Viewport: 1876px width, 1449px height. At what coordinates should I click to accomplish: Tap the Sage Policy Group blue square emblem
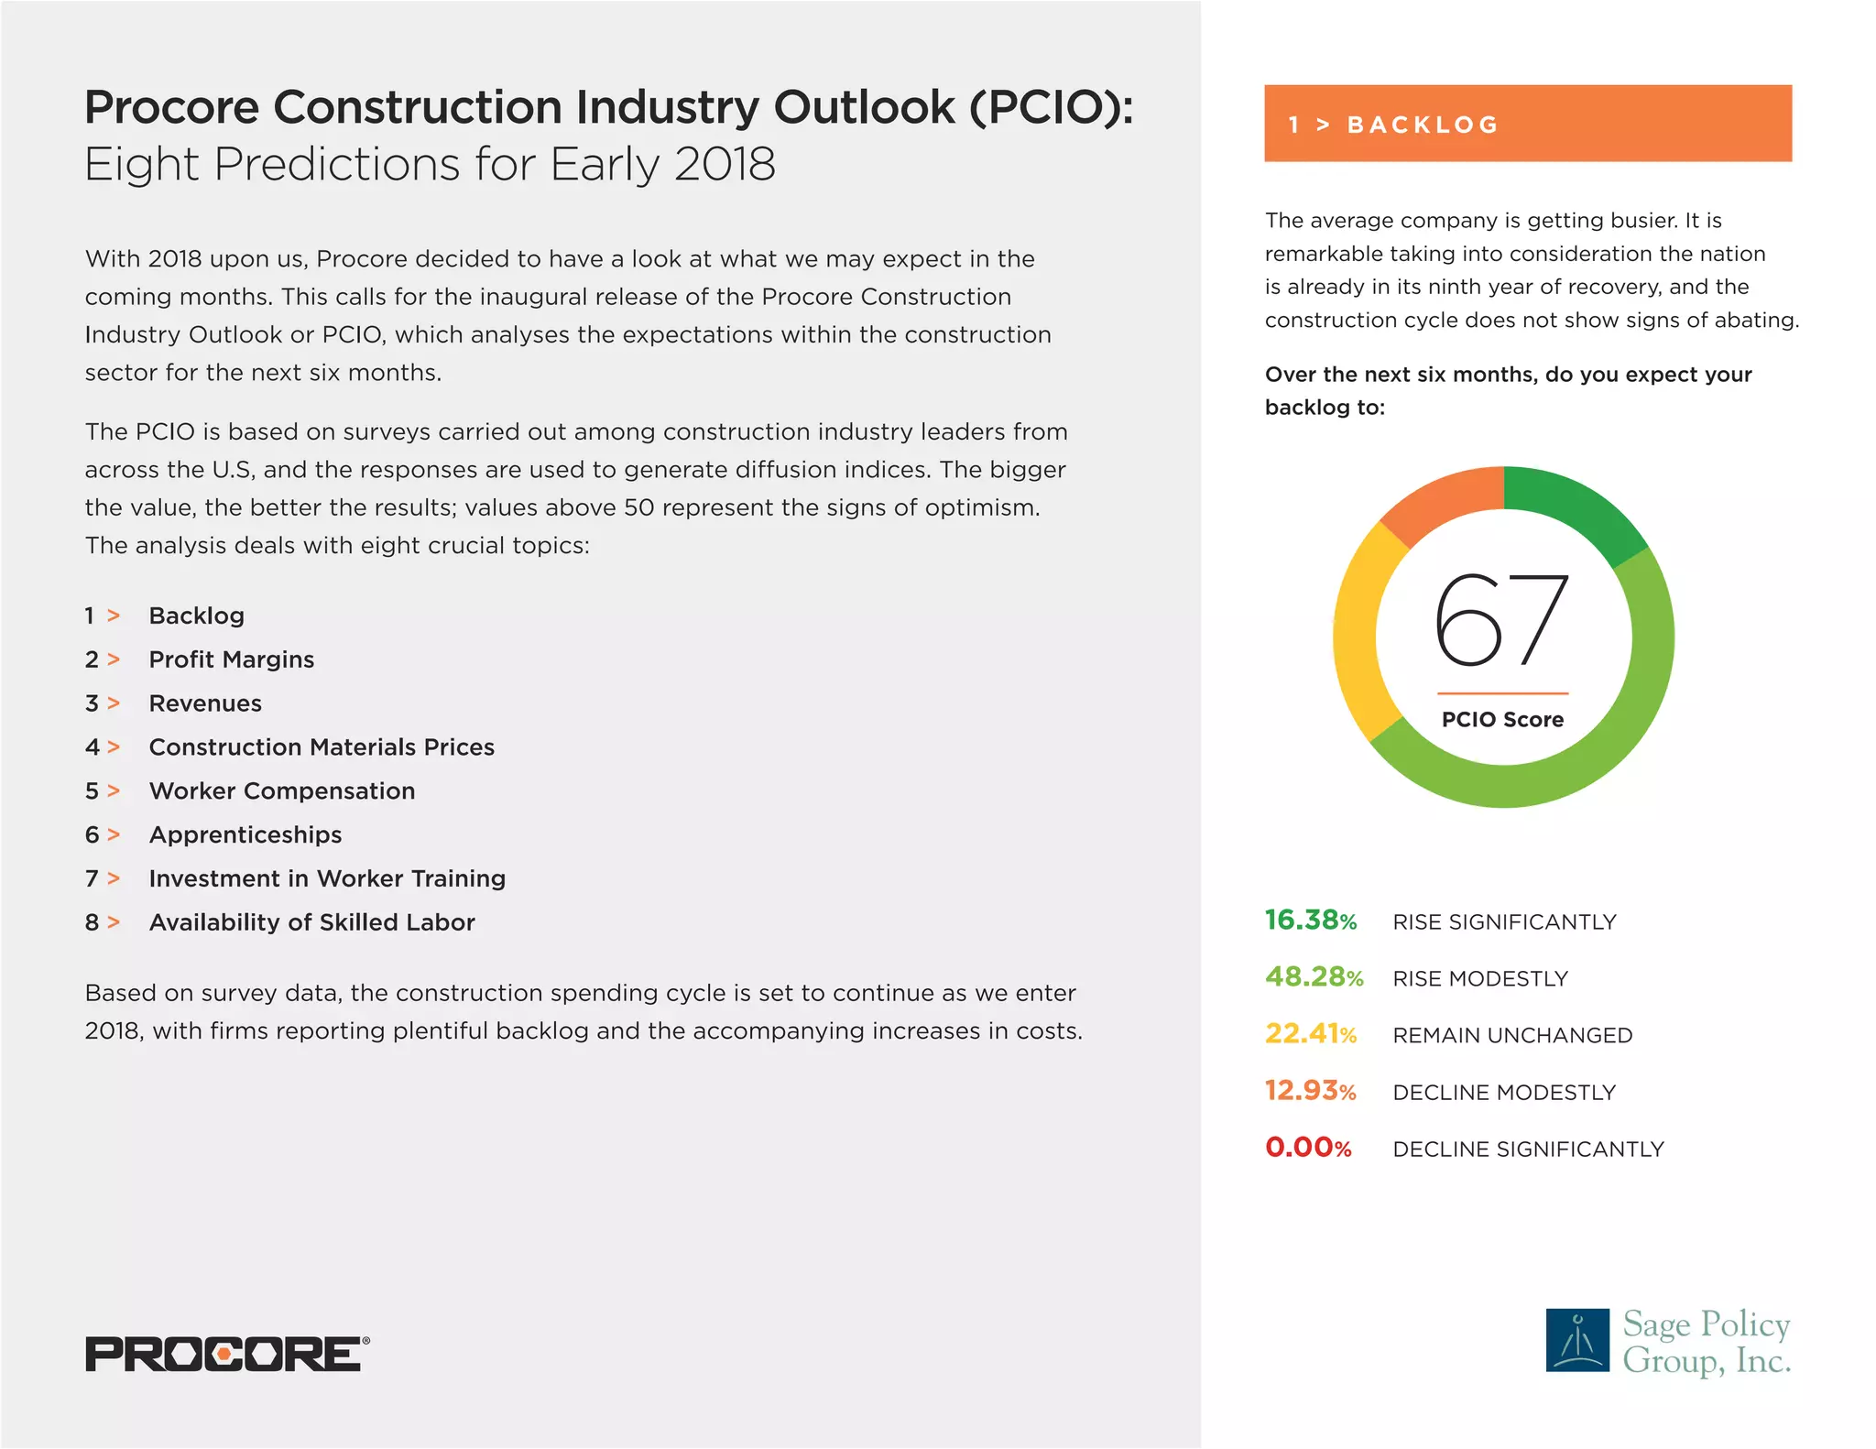[1577, 1339]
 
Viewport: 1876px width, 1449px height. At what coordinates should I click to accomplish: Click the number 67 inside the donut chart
[1502, 620]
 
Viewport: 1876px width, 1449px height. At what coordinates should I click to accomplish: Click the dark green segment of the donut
[1577, 508]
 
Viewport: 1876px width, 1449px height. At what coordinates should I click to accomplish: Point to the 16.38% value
[1311, 921]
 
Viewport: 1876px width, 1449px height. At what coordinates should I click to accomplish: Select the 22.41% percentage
[1311, 1034]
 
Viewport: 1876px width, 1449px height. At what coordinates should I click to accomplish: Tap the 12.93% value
[1311, 1091]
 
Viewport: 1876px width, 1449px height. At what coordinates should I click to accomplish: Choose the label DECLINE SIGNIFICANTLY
[1528, 1149]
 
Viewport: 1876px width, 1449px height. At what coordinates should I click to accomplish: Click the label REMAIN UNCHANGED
[1512, 1036]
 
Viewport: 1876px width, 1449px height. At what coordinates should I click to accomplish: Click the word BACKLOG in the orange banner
[1423, 125]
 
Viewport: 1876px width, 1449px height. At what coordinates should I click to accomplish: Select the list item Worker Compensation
[282, 790]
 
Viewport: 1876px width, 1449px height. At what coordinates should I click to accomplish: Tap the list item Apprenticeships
[245, 834]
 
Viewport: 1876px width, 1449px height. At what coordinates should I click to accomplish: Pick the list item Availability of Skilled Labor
[312, 922]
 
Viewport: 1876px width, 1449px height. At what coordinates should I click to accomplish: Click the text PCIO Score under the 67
[1502, 720]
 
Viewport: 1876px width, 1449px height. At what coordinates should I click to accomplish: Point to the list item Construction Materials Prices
[322, 746]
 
